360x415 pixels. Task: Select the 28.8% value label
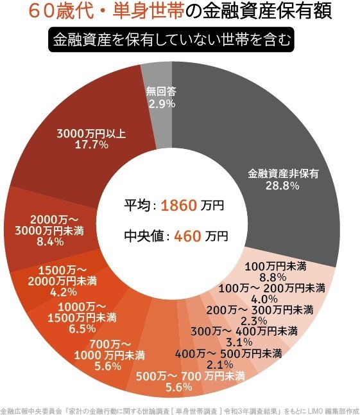(283, 186)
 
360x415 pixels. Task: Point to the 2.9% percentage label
(162, 103)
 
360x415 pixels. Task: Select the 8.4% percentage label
(50, 242)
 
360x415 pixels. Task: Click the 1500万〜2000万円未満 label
(67, 274)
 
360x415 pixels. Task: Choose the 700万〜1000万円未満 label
(106, 350)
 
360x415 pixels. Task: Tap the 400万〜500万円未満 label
(228, 353)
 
